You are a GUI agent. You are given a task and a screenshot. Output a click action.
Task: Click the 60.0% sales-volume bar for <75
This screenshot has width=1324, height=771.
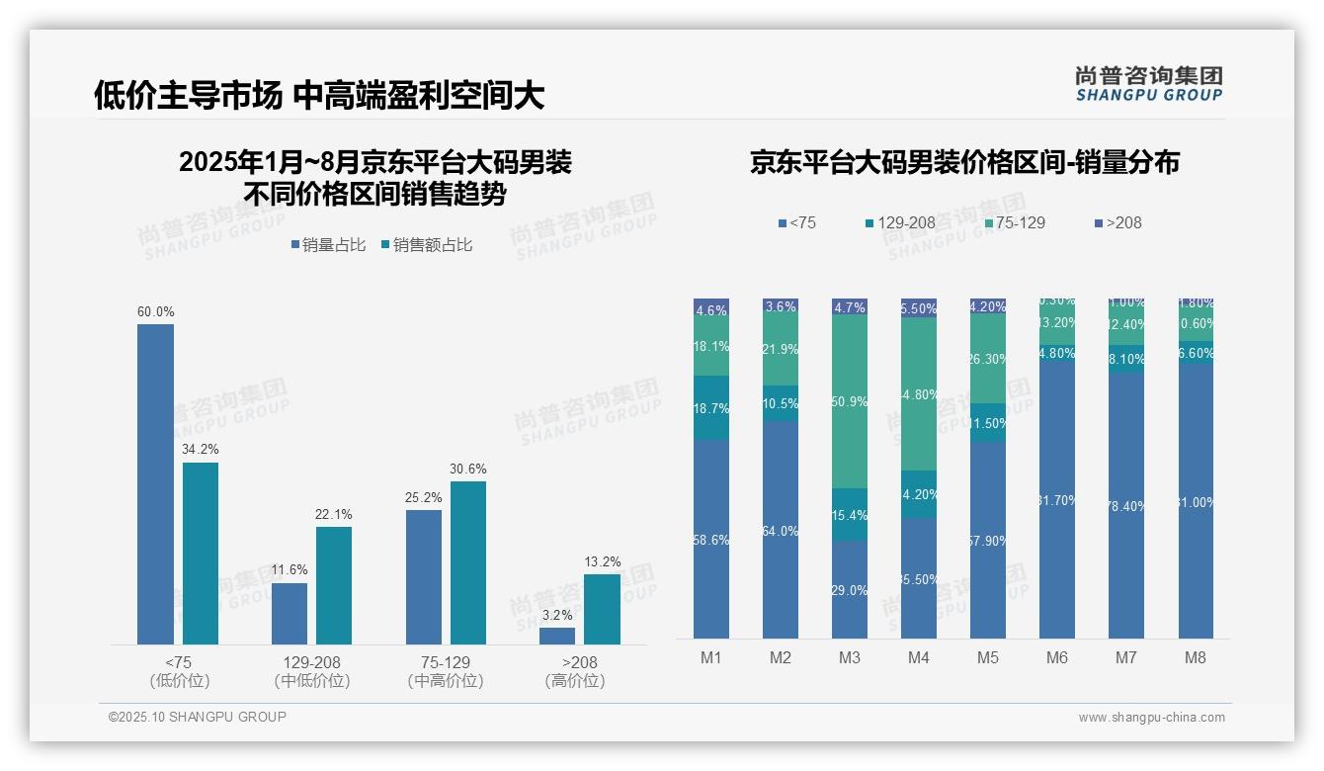coord(155,484)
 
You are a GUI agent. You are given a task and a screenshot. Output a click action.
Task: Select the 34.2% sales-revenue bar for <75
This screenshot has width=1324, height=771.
coord(201,554)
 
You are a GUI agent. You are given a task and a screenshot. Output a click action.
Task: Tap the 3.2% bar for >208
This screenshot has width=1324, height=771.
coord(557,636)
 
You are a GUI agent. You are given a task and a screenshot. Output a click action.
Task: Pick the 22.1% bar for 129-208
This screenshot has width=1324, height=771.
coord(334,585)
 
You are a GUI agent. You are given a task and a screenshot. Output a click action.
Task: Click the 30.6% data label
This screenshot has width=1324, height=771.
coord(467,470)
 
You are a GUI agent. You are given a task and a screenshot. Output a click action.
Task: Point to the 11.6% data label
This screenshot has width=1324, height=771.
coord(289,570)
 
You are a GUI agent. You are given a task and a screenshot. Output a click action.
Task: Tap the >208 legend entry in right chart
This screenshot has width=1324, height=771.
coord(1117,223)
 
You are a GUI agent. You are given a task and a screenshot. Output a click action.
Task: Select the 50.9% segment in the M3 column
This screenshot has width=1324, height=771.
coord(850,401)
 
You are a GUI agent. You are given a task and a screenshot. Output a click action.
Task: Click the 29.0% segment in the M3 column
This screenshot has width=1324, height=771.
coord(850,589)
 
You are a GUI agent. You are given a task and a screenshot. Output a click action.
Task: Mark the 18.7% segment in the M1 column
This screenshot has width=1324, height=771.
coord(711,407)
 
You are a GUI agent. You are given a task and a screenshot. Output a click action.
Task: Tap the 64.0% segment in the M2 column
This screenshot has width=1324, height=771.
coord(781,530)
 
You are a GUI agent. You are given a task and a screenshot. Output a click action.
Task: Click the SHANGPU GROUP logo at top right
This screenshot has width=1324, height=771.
coord(1148,84)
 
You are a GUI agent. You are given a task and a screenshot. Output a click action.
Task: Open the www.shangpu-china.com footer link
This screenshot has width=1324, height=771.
coord(1151,718)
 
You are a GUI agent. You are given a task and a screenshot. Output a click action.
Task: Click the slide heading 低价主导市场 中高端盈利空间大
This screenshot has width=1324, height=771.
coord(319,96)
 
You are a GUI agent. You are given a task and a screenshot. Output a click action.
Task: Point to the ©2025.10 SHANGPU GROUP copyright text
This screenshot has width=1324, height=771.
coord(198,718)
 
